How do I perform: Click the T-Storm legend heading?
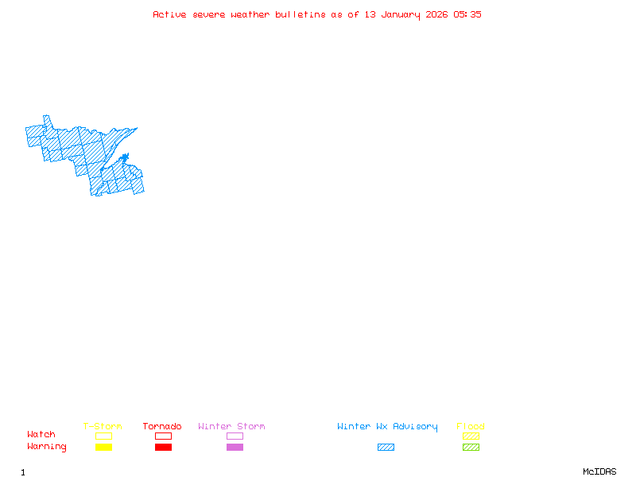coord(103,427)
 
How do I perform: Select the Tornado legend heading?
coord(162,427)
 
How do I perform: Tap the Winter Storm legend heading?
coord(231,427)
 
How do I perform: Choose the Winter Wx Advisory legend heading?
coord(387,427)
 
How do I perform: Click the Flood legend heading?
coord(471,427)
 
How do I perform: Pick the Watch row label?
coord(41,435)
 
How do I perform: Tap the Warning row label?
coord(47,447)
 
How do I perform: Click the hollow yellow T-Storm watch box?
coord(103,436)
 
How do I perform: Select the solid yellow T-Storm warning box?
coord(103,448)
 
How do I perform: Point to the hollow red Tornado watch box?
coord(163,436)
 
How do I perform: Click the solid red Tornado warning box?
coord(163,448)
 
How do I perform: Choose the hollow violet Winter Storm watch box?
coord(235,436)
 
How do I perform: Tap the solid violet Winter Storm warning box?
coord(235,448)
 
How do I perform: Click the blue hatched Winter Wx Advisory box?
coord(386,448)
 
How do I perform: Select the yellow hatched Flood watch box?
coord(471,436)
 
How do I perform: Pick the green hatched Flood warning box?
coord(471,448)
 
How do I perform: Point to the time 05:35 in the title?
coord(467,14)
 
